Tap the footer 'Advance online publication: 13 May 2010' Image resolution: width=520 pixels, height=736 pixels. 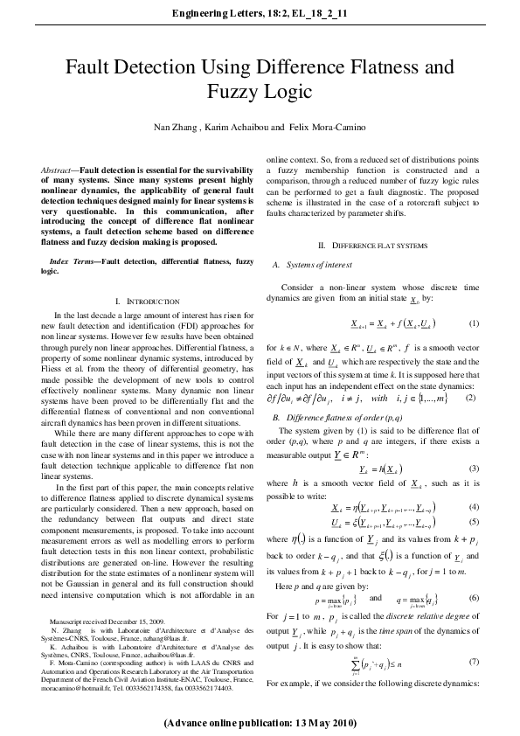click(260, 725)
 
